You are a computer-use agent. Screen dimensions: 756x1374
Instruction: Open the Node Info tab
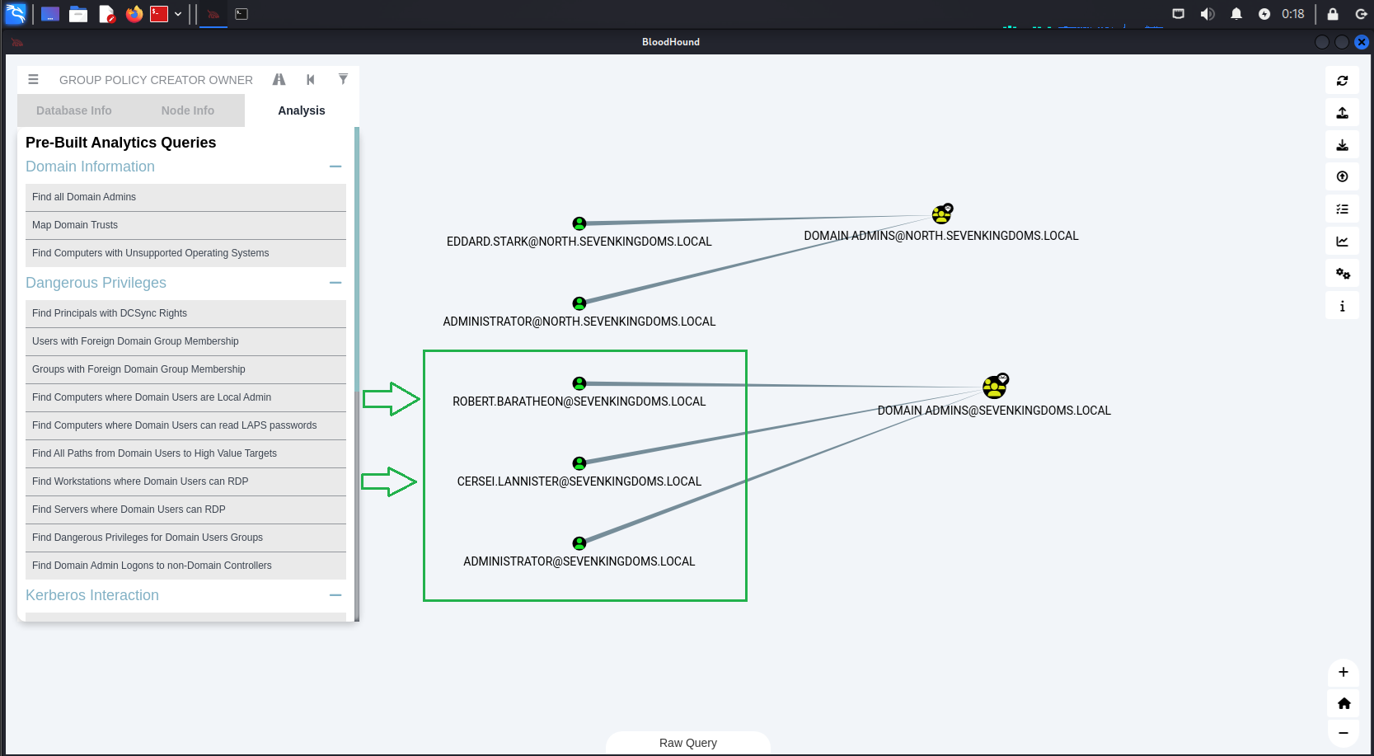click(187, 110)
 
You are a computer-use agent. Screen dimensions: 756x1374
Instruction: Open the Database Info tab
click(74, 110)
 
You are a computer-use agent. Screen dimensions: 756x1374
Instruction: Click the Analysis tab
click(301, 110)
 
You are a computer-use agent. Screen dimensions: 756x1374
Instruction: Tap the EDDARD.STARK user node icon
click(579, 223)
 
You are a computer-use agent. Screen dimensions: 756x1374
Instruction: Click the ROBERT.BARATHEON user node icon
click(579, 383)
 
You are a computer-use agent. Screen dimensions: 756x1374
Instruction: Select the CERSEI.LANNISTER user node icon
click(579, 463)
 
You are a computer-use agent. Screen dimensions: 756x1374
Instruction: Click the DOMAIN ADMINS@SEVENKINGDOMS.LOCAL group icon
click(995, 386)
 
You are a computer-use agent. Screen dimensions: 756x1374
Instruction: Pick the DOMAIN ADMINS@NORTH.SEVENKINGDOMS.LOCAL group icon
click(941, 214)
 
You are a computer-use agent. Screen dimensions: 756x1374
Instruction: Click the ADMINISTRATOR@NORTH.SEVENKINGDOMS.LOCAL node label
click(579, 322)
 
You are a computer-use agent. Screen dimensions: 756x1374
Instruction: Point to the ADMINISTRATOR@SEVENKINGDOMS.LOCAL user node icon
click(579, 543)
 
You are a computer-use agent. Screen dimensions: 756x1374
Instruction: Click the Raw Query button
click(688, 743)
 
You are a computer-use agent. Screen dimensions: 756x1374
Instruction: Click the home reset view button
click(1344, 703)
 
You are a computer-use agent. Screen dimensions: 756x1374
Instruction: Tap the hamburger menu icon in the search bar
click(33, 79)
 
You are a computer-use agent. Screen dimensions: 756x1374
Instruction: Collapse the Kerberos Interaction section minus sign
click(335, 595)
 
